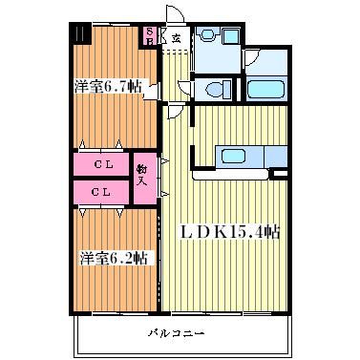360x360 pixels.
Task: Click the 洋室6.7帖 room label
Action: pos(108,86)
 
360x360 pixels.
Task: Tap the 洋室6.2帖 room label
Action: pos(114,258)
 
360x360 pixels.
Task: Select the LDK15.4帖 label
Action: pos(231,232)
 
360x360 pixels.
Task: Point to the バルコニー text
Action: pos(176,333)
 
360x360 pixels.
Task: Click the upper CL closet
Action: pos(101,164)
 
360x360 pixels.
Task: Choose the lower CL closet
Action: pos(101,192)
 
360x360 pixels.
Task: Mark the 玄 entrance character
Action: pos(176,38)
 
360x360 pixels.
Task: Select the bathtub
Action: pos(265,90)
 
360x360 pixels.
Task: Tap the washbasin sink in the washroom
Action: pos(207,33)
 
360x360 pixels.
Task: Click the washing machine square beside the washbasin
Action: pos(231,36)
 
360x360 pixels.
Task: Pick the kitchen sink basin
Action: pos(234,156)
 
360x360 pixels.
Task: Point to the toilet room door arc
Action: pos(184,89)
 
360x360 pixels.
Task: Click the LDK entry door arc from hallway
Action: pos(176,112)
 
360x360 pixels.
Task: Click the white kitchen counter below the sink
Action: pos(231,175)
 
